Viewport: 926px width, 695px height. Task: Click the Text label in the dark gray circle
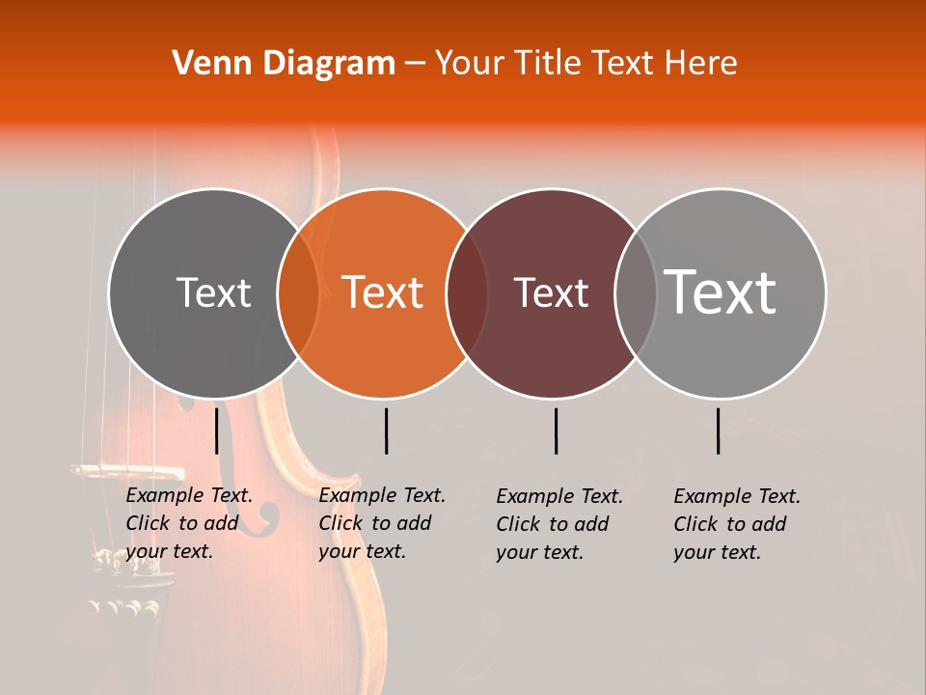(x=213, y=292)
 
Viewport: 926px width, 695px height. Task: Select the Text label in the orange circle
(x=383, y=292)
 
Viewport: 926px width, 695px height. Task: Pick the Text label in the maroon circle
(x=552, y=292)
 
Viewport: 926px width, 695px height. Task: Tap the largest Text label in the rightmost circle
(x=721, y=292)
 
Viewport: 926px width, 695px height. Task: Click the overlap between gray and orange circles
(x=298, y=292)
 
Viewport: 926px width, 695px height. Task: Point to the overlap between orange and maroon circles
(x=467, y=292)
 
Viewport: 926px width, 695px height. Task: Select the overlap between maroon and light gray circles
(x=636, y=292)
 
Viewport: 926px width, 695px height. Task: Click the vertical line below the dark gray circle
(x=217, y=431)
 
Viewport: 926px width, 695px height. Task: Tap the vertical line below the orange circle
(x=386, y=431)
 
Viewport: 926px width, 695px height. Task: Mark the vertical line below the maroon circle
(x=556, y=431)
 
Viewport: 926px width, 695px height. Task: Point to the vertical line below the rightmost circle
(x=719, y=431)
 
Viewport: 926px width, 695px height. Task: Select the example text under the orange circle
(x=381, y=523)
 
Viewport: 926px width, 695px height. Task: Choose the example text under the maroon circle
(x=558, y=524)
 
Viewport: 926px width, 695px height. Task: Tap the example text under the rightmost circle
(x=736, y=524)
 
